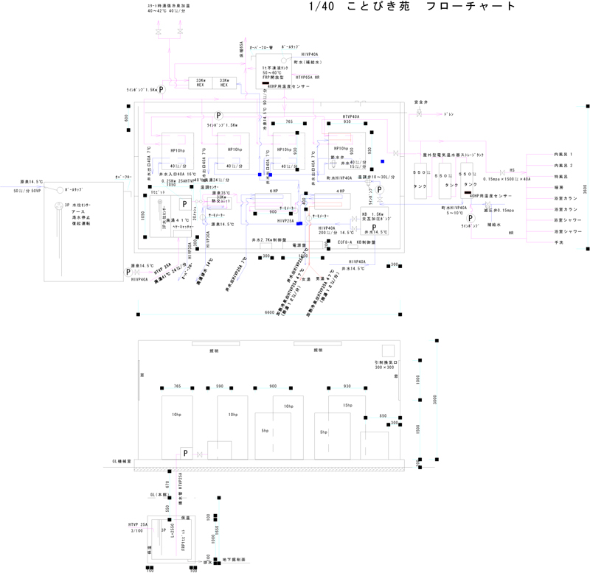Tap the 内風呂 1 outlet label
563,155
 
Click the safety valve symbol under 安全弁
420,114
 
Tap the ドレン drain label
448,115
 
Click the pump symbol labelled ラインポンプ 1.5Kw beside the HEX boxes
162,89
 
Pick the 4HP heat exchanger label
341,191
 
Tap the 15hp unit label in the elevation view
328,406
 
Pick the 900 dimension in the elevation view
273,386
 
